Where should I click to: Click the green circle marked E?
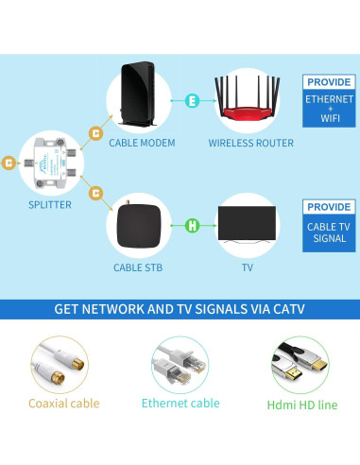(x=192, y=98)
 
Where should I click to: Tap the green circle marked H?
(x=192, y=225)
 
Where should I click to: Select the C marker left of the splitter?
(x=9, y=163)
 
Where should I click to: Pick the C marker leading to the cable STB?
(x=94, y=193)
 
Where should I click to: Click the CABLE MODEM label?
(x=141, y=143)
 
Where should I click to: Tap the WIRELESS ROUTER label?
(x=250, y=143)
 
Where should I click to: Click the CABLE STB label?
(x=141, y=267)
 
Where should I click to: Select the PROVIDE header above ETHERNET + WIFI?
(x=329, y=82)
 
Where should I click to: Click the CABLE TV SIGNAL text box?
(x=329, y=232)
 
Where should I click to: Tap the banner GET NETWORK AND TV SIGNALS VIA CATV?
(x=180, y=308)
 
